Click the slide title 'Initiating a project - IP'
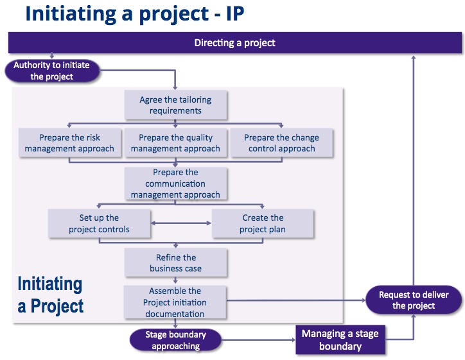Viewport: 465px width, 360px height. (x=135, y=14)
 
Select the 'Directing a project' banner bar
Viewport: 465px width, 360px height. (x=234, y=43)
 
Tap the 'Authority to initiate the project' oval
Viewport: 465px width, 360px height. (x=52, y=71)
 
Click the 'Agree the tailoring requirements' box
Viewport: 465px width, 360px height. (x=175, y=105)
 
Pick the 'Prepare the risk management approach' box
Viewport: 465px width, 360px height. (x=69, y=142)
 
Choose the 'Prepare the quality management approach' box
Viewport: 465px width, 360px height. (x=175, y=142)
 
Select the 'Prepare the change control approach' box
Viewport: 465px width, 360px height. (x=281, y=142)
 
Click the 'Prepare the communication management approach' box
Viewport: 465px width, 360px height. (x=175, y=184)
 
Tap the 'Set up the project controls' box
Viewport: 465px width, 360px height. (x=99, y=223)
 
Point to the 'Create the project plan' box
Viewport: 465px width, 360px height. (x=263, y=223)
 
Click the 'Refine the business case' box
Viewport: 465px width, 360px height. (x=175, y=262)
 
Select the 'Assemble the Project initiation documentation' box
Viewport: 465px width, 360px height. (x=175, y=302)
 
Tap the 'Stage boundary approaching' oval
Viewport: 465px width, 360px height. (x=175, y=340)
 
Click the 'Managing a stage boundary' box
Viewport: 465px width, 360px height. (x=340, y=340)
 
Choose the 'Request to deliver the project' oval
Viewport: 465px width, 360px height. (x=413, y=300)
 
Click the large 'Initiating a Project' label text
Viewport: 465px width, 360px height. (x=50, y=295)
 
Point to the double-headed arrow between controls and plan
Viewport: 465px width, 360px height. (x=180, y=223)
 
